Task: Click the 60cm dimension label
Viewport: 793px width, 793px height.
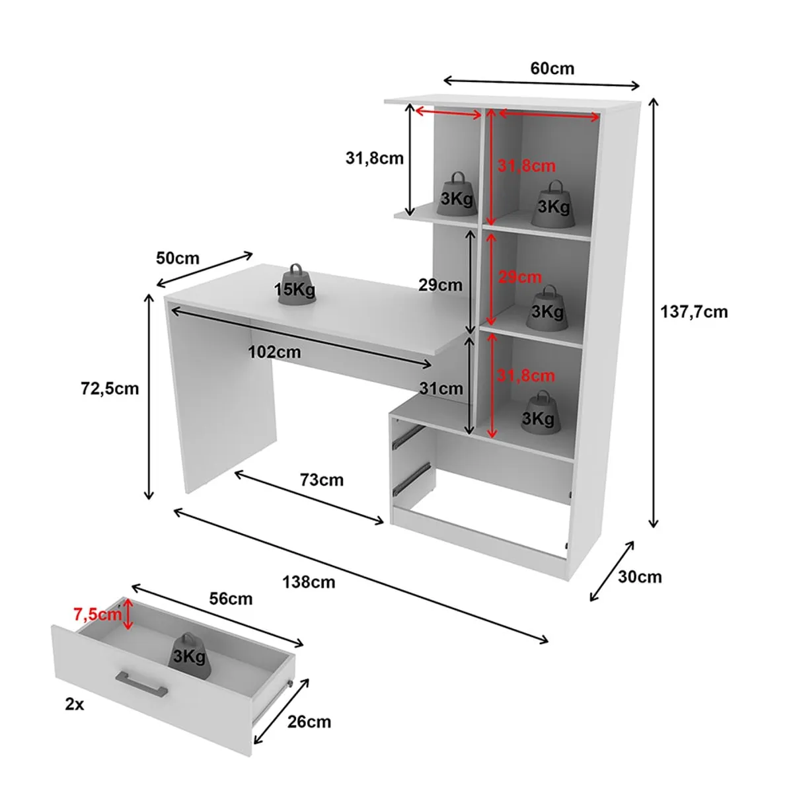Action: point(552,69)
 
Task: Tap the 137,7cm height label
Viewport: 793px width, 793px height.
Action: point(694,312)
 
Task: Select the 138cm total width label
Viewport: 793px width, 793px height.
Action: point(309,582)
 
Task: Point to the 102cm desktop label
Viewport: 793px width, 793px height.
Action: point(274,352)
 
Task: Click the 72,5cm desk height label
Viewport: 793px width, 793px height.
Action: point(110,389)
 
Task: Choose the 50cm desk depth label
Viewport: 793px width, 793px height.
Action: point(177,258)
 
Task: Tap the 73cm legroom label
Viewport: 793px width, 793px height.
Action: point(321,480)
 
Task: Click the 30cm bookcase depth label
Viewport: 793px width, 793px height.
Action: point(640,577)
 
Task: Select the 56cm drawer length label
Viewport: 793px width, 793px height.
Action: point(231,599)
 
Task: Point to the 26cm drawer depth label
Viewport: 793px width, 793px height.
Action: point(309,722)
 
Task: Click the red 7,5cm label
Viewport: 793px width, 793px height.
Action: point(98,615)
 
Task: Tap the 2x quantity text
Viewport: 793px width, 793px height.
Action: point(75,704)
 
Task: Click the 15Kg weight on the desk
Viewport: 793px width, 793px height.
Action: point(295,285)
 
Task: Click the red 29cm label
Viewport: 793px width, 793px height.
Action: point(520,277)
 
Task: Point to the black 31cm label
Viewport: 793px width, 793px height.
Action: point(441,388)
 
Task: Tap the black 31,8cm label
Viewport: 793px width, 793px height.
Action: point(375,158)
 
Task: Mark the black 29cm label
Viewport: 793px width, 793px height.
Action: point(440,285)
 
